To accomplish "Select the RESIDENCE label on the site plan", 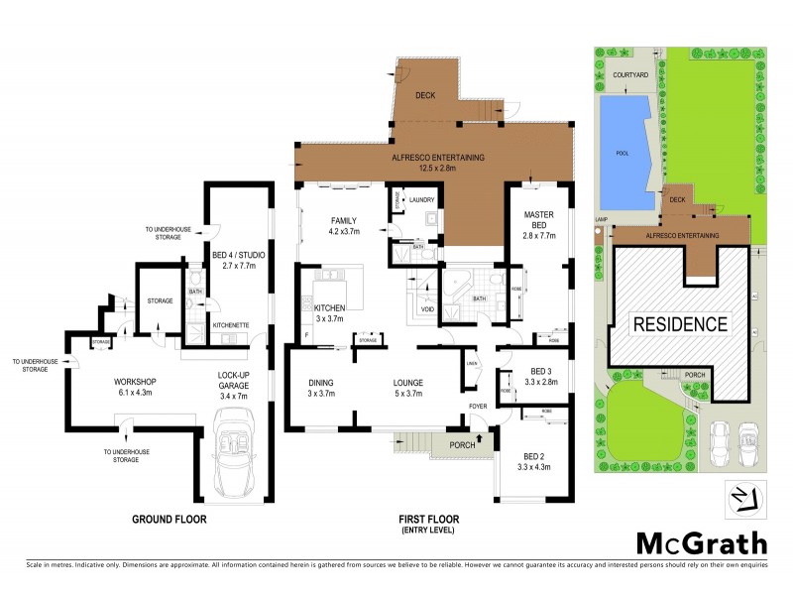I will point(681,323).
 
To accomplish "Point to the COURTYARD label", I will point(630,74).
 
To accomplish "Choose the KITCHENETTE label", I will point(230,324).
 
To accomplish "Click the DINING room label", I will point(321,383).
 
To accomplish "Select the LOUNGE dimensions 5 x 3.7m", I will point(408,394).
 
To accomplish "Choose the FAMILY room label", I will point(344,221).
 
